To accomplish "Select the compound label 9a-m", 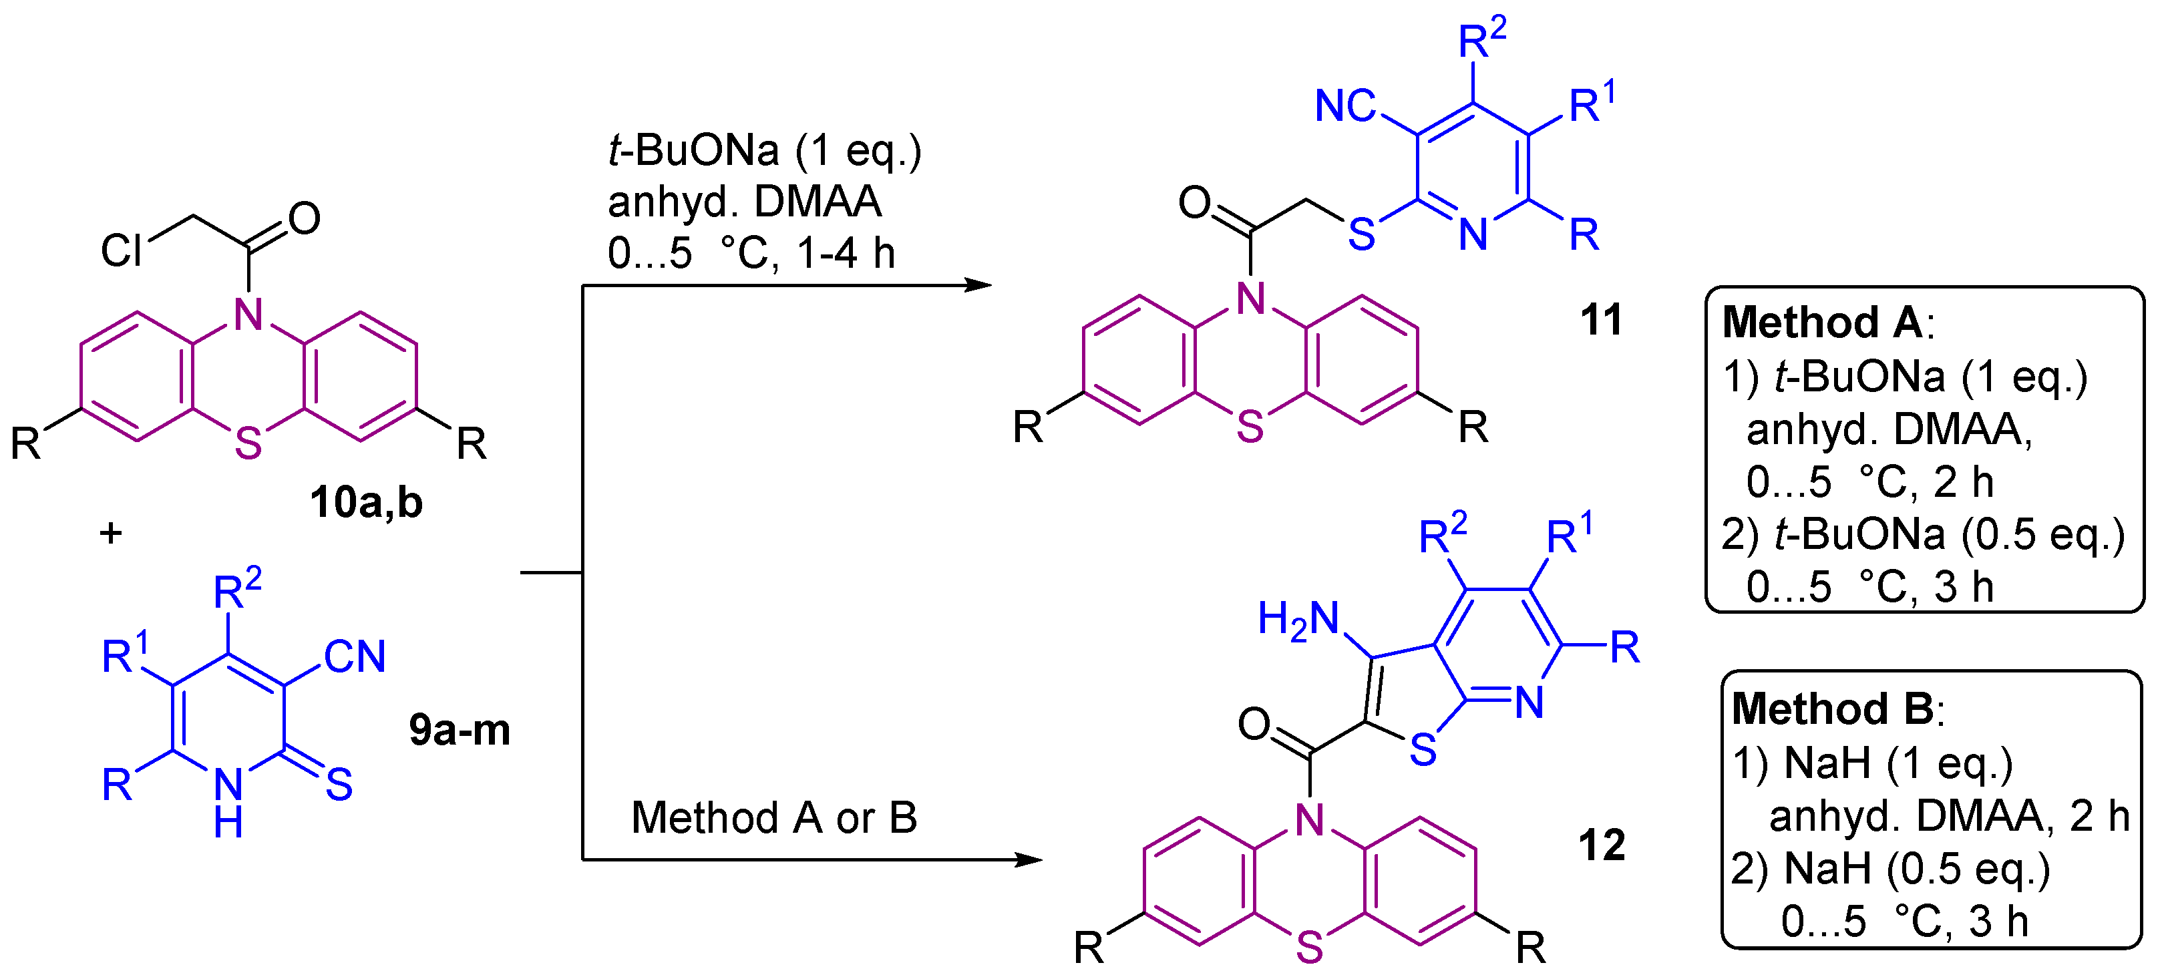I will pos(459,730).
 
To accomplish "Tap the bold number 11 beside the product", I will pos(1600,320).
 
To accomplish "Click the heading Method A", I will pos(1822,323).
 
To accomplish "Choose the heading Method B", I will pos(1833,709).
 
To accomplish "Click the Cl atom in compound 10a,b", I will pos(121,250).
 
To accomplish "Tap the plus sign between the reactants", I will pos(111,533).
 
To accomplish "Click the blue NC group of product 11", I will pos(1344,107).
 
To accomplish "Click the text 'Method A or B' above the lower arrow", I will pos(774,818).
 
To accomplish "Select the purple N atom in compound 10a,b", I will pos(248,315).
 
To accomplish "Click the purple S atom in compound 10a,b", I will pos(248,443).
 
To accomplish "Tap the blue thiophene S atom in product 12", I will pos(1423,750).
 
